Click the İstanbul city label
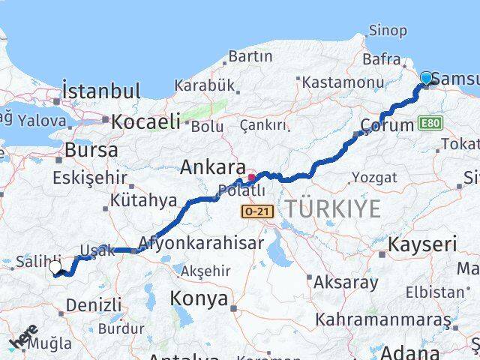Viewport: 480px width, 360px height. [x=102, y=91]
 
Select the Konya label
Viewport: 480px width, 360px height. [x=199, y=298]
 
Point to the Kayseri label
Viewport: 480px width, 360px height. [x=422, y=244]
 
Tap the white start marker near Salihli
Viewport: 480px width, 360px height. [x=55, y=267]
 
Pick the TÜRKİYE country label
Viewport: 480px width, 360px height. [x=330, y=208]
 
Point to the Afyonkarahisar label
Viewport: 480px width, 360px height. [x=200, y=243]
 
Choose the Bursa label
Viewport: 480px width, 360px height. [x=91, y=149]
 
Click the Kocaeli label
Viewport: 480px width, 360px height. [x=146, y=121]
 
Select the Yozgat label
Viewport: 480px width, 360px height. [x=373, y=179]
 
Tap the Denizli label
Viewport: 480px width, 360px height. [x=94, y=304]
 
